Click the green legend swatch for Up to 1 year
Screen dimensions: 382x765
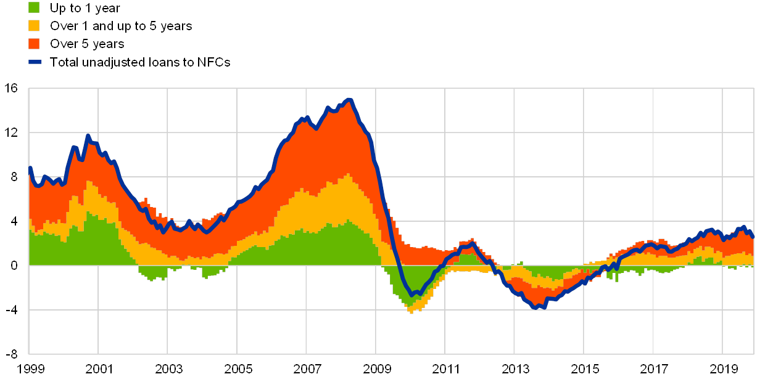[x=35, y=7]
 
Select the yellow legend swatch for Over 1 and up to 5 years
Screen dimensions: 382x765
[x=35, y=26]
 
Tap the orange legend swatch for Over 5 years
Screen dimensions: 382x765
[x=35, y=44]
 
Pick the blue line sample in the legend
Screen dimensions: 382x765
[x=35, y=62]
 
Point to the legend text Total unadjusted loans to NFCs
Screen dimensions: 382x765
[x=140, y=62]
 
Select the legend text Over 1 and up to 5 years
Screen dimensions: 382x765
[x=121, y=26]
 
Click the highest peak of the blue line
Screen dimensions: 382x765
[x=349, y=99]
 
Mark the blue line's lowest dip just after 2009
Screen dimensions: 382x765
[x=412, y=296]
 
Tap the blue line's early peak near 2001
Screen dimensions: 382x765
[x=88, y=136]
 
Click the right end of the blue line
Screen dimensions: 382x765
[x=753, y=237]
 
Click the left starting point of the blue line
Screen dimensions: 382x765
[x=30, y=168]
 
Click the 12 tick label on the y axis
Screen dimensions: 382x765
[x=14, y=132]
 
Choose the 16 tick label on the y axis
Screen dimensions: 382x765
[x=14, y=88]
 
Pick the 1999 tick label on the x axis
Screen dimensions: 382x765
[x=30, y=369]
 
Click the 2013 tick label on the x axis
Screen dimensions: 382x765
[x=516, y=369]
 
